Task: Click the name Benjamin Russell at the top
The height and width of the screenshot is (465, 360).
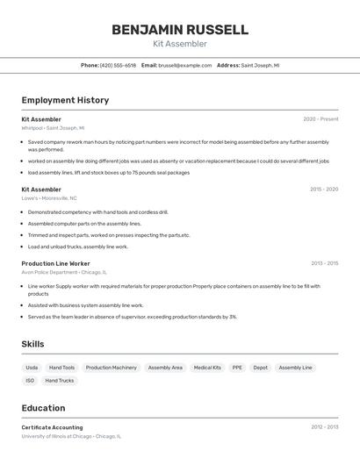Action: point(179,29)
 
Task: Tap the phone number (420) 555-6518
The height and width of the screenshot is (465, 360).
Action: point(118,65)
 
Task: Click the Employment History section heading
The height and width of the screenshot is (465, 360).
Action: point(65,100)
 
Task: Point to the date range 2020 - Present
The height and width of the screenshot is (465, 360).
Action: point(320,119)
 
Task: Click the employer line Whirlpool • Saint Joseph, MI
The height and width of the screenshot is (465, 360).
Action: point(53,128)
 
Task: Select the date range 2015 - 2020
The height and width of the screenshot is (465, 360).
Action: point(323,190)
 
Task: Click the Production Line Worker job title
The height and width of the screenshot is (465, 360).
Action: point(55,263)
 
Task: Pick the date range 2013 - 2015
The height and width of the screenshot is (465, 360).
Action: point(323,263)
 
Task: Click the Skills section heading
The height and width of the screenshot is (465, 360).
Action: point(32,344)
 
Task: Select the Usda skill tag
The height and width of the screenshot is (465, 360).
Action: point(32,368)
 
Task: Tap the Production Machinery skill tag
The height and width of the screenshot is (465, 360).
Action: point(111,368)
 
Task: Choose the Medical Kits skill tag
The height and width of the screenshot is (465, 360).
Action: point(207,368)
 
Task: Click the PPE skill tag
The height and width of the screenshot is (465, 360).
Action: point(237,368)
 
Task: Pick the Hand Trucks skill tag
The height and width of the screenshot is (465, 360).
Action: point(60,381)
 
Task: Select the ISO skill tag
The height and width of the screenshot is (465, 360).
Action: point(30,381)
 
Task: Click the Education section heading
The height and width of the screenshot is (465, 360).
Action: point(43,408)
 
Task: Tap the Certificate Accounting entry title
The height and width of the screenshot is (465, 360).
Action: point(52,427)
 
